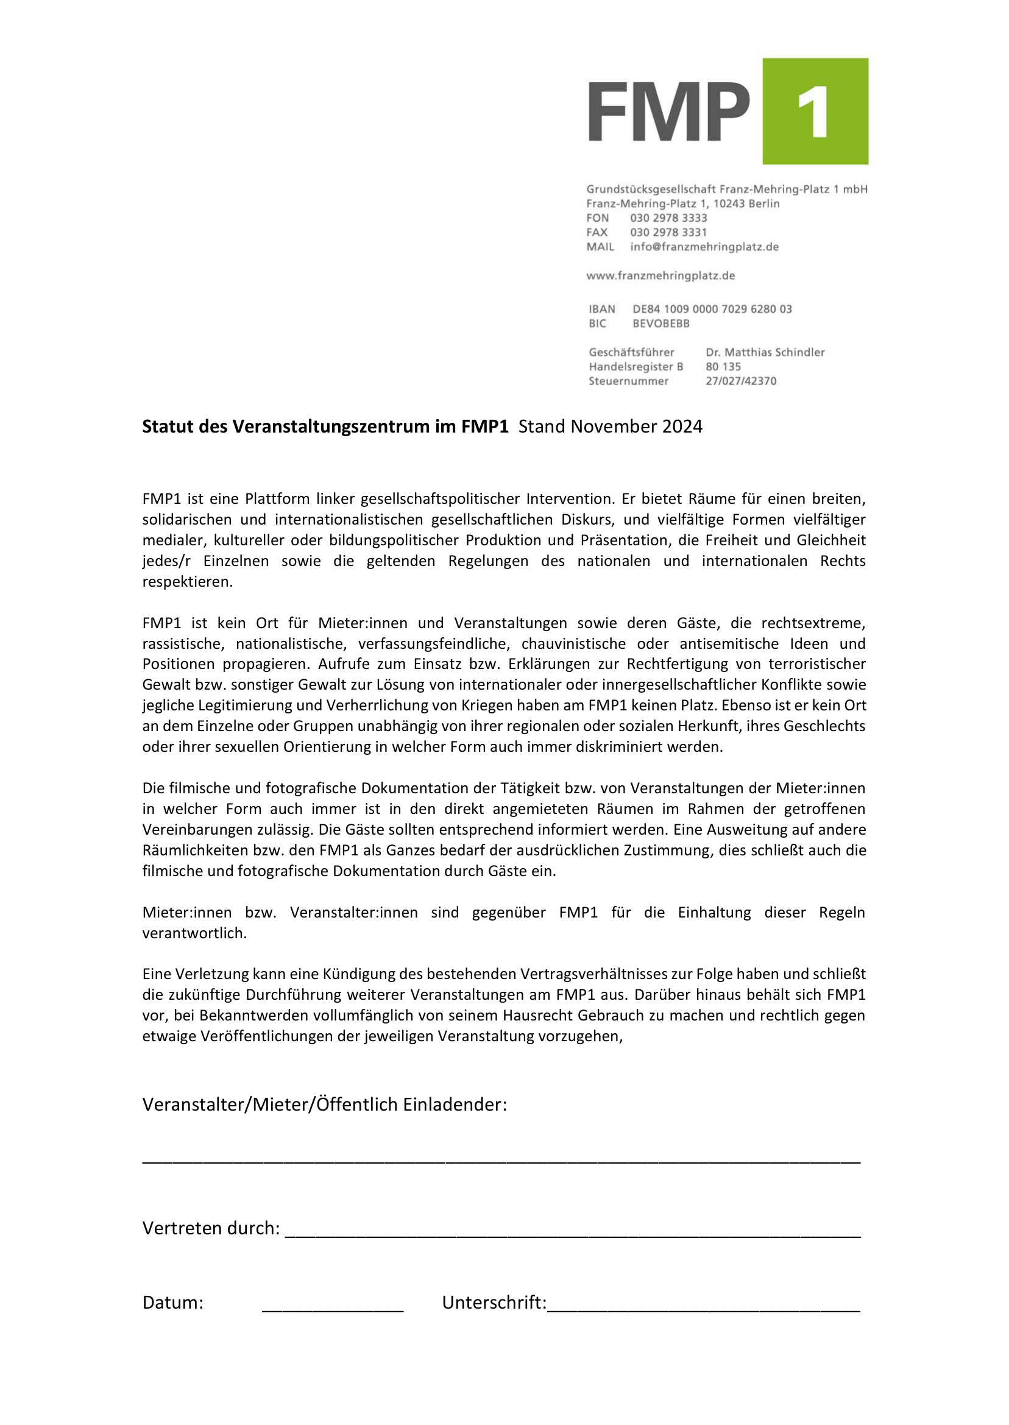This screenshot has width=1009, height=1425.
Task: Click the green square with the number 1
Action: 815,111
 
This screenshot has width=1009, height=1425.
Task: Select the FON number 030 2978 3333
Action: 668,218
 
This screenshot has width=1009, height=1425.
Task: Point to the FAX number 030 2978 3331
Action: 668,232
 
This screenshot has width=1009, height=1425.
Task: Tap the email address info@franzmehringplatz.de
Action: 704,247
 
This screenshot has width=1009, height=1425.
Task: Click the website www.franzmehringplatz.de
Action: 660,276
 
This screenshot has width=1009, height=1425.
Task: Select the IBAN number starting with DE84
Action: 712,309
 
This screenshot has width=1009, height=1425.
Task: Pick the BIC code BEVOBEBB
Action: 661,324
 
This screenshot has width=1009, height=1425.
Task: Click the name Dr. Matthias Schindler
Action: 765,352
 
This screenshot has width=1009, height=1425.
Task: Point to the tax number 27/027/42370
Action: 740,381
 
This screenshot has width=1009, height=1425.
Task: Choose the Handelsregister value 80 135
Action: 723,367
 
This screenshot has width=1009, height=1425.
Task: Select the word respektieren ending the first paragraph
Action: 187,582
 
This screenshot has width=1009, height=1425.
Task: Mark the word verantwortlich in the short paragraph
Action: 194,933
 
